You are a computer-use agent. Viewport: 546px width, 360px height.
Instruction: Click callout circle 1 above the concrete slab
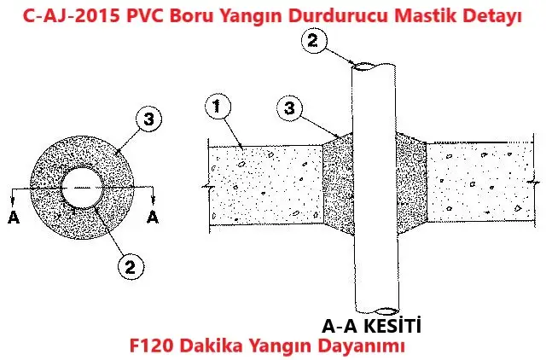[x=217, y=106]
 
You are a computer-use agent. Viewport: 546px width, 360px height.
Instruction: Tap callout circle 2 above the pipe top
[x=314, y=40]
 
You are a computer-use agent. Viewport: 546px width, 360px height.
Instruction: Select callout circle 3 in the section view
[x=290, y=108]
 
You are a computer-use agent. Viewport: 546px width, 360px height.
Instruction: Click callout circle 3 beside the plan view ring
[x=148, y=119]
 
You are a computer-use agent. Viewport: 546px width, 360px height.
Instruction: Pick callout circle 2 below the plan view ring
[x=131, y=267]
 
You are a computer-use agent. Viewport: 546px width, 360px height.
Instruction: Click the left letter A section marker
[x=14, y=218]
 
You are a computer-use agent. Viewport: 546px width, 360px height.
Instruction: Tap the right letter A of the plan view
[x=153, y=218]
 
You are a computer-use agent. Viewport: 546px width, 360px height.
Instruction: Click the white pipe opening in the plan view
[x=82, y=188]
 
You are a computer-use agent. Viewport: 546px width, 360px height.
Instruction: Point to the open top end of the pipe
[x=363, y=67]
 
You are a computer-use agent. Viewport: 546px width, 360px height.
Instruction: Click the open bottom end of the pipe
[x=387, y=311]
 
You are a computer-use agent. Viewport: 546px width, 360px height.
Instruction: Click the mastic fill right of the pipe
[x=411, y=183]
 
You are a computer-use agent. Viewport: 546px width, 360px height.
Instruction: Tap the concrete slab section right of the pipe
[x=479, y=182]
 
